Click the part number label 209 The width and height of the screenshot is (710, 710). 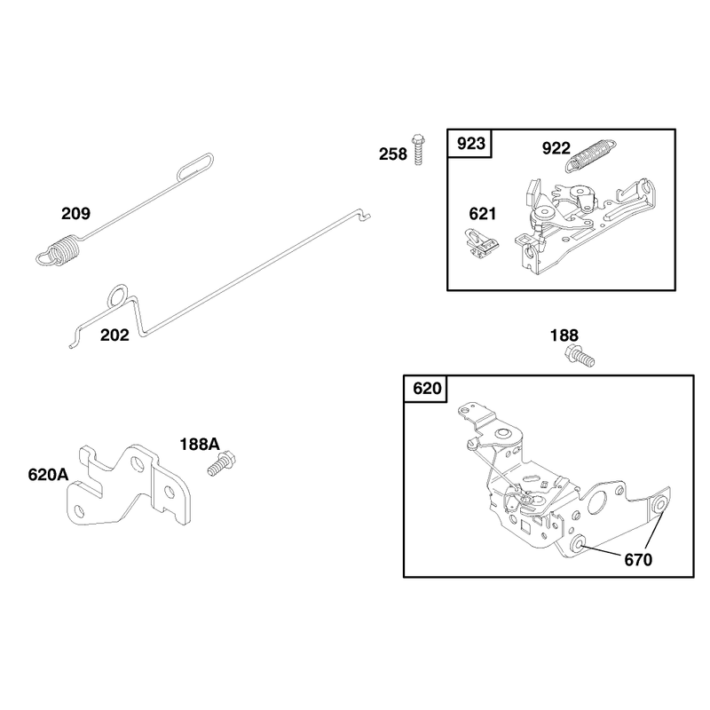point(75,213)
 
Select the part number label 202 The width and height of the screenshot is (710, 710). point(114,335)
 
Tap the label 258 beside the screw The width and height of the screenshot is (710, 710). point(393,154)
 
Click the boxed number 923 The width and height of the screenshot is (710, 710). point(471,144)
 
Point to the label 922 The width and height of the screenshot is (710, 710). point(556,148)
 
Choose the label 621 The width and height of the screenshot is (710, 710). point(482,214)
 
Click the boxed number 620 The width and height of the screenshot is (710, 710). point(427,389)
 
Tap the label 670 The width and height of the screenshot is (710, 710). point(638,560)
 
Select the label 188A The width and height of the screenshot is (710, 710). point(200,445)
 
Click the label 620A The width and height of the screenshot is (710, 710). point(48,475)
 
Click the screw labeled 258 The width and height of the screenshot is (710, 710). point(418,149)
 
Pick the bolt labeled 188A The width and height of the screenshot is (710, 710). point(221,463)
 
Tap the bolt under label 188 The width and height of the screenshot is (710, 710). point(580,356)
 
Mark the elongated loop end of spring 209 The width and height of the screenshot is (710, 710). point(195,166)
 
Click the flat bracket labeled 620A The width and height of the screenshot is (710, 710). point(129,485)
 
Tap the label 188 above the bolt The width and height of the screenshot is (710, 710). point(564,335)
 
